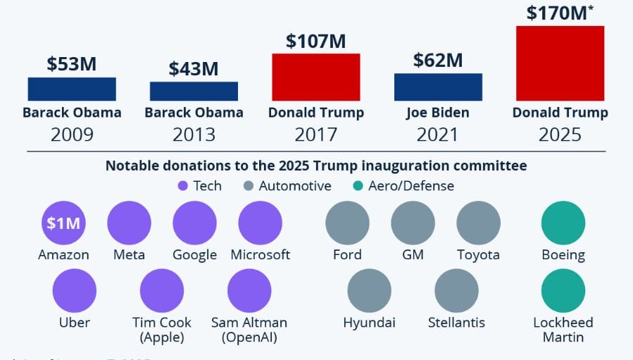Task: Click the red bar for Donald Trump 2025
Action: click(560, 63)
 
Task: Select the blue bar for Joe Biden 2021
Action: click(438, 87)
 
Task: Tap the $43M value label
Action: click(194, 69)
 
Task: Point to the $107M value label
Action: click(315, 41)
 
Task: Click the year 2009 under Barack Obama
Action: click(72, 134)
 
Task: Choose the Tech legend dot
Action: click(183, 186)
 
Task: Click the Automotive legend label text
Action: click(295, 186)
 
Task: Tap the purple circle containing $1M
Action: click(63, 223)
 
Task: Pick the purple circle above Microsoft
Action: click(260, 223)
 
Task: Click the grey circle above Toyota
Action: click(478, 223)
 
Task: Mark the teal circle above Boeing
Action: click(563, 223)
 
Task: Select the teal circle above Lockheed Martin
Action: click(563, 291)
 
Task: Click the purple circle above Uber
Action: click(74, 291)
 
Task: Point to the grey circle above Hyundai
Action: click(369, 291)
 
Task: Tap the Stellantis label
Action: click(456, 323)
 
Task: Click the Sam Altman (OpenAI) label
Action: click(249, 330)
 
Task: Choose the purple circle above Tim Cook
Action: click(161, 291)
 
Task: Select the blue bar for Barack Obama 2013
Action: click(194, 91)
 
